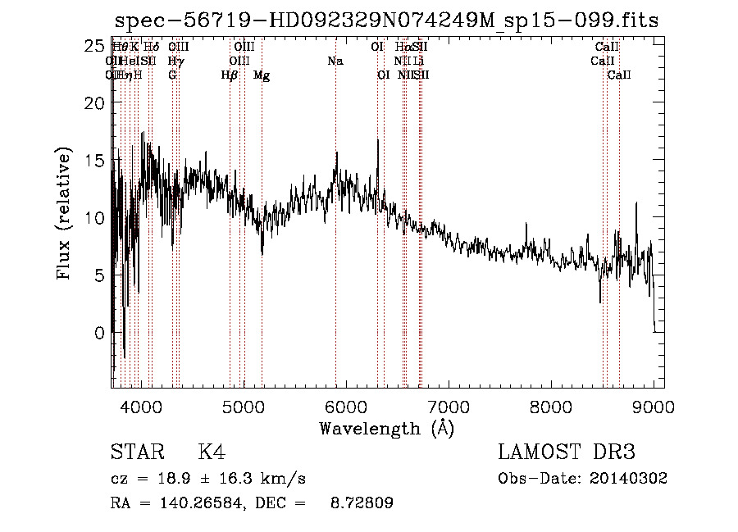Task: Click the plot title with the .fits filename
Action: coord(386,20)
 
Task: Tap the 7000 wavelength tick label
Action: coord(449,407)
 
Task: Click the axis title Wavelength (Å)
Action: coord(386,428)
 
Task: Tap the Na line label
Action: coord(335,61)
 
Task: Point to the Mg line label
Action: coord(262,75)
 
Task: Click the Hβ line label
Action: coord(230,75)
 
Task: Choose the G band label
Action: coord(172,75)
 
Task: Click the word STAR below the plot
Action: coord(137,452)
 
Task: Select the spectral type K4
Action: coord(212,452)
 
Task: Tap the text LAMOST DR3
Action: coord(567,452)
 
